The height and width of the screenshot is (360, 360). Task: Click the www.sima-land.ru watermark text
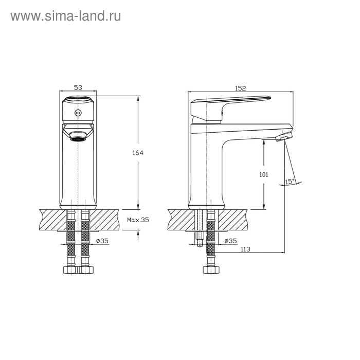66,16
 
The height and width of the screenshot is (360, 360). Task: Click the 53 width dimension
78,87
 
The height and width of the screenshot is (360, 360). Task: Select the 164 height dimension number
138,153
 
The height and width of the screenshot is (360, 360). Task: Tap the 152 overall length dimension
240,88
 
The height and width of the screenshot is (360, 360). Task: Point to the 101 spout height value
263,175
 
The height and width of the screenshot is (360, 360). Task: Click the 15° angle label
290,182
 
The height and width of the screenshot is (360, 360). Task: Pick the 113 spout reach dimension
245,249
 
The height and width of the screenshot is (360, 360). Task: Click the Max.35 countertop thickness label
138,220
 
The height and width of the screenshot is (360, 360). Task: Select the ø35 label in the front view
102,241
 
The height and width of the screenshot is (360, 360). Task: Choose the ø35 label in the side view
230,241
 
